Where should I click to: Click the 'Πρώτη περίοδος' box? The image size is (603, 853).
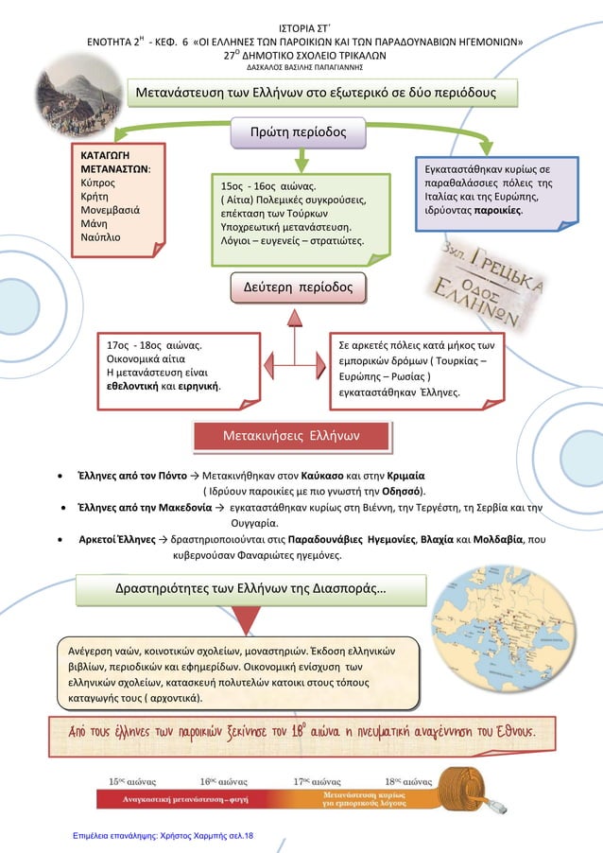pos(298,132)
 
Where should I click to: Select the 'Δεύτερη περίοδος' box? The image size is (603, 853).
pos(298,287)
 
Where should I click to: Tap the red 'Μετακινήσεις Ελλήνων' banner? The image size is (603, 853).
pos(292,436)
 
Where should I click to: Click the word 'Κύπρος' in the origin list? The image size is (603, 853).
pos(98,183)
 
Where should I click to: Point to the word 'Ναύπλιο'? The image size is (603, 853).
pos(100,237)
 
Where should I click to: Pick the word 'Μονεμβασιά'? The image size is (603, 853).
pos(111,210)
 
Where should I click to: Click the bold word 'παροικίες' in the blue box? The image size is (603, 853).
pos(497,211)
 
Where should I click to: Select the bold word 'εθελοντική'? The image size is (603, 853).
pos(132,386)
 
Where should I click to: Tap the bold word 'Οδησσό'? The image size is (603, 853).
pos(402,491)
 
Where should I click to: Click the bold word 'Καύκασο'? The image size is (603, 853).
pos(322,476)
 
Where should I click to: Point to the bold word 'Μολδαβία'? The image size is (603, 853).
pos(498,540)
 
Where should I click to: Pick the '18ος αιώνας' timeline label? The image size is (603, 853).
pos(408,782)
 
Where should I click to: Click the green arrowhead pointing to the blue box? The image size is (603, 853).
pos(486,147)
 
